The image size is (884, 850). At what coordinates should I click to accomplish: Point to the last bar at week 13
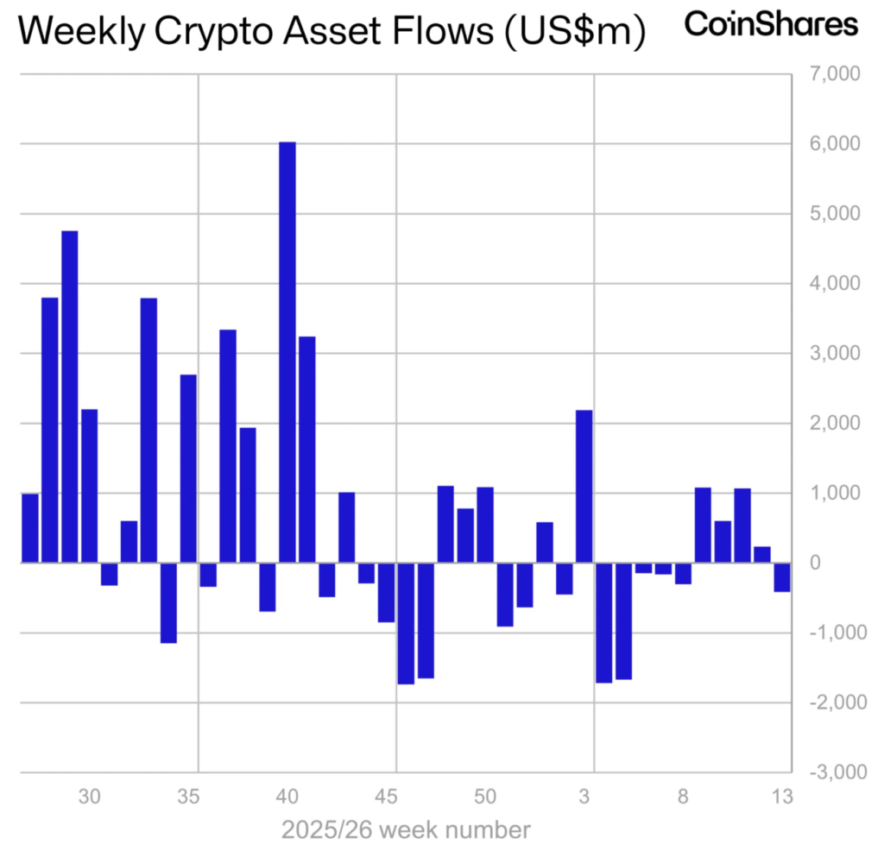782,577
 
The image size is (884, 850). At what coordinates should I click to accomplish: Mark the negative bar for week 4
604,622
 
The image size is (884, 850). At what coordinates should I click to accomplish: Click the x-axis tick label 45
387,796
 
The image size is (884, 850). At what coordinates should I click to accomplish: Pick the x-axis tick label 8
683,796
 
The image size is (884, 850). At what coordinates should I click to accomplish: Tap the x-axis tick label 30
90,796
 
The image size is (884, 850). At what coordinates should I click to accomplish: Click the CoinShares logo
771,24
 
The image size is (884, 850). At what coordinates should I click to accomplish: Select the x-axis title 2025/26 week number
406,830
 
